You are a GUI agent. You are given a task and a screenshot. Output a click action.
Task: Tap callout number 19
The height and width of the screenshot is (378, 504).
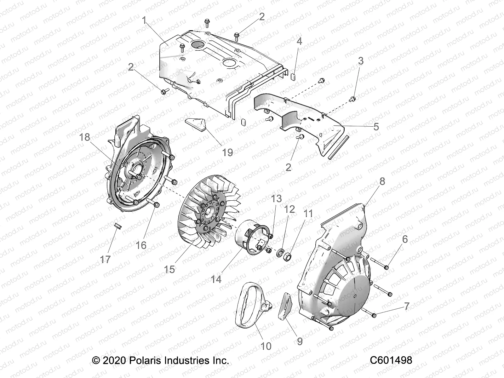pyautogui.click(x=227, y=152)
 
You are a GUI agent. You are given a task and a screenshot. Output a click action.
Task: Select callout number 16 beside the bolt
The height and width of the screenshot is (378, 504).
pyautogui.click(x=141, y=245)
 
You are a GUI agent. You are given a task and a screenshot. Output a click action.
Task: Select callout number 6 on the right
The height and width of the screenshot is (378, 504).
pyautogui.click(x=404, y=239)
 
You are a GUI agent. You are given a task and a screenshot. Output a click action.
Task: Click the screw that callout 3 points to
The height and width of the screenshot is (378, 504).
pyautogui.click(x=353, y=99)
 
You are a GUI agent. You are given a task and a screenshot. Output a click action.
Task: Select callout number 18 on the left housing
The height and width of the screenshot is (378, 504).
pyautogui.click(x=85, y=137)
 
